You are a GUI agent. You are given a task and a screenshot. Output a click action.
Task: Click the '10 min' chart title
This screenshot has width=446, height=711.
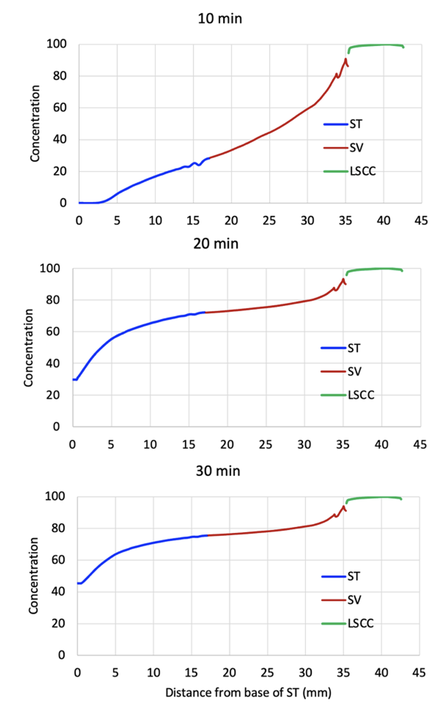[220, 19]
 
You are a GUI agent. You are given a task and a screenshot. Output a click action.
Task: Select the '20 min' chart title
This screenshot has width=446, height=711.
[216, 244]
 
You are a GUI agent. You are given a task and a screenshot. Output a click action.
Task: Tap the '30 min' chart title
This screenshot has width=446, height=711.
[218, 471]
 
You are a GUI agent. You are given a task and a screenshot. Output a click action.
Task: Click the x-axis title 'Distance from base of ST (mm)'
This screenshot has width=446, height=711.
[248, 693]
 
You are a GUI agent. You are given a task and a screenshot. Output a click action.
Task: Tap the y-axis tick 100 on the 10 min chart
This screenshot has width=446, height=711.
[57, 44]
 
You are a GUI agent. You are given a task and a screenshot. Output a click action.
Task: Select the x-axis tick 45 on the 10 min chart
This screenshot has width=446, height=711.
[421, 220]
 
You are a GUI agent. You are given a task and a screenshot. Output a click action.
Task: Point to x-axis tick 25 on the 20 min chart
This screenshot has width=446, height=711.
[266, 445]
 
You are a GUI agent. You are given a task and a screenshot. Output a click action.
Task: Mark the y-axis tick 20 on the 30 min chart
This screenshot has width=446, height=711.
[58, 623]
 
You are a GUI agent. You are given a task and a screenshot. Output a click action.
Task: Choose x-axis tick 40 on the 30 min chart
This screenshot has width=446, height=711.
[381, 673]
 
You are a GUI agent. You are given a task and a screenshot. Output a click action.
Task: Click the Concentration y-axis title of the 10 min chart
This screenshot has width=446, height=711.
[35, 124]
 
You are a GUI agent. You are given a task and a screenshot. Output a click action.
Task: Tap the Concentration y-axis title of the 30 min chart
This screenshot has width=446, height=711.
[33, 575]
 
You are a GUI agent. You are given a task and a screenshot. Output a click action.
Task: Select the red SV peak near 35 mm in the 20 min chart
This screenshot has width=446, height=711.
[343, 279]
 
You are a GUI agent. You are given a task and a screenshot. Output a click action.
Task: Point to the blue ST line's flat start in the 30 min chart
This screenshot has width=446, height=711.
[80, 583]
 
